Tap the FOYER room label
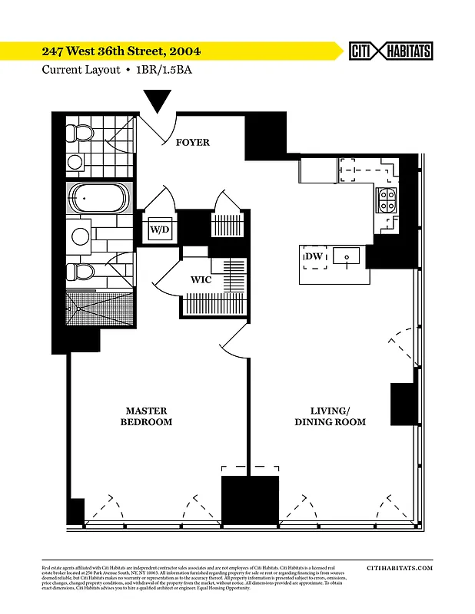(192, 143)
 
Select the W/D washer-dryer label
(159, 229)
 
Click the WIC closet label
(201, 280)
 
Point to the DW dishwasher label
(314, 256)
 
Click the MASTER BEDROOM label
(146, 417)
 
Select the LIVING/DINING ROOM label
(330, 417)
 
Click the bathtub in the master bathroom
(98, 198)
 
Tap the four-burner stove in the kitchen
(385, 200)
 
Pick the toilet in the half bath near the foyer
(80, 133)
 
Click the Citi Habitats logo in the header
(390, 51)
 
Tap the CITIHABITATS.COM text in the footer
(400, 568)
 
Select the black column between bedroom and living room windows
(250, 500)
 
